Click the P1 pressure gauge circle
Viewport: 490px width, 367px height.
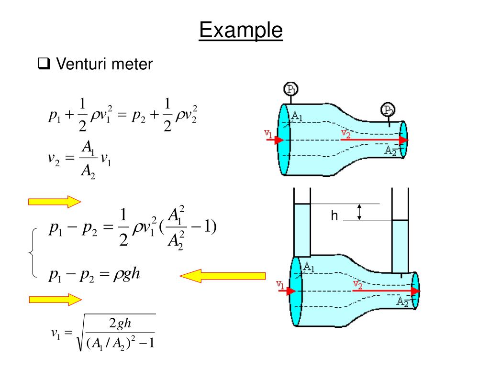coord(290,89)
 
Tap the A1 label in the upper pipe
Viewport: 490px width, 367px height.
coord(298,116)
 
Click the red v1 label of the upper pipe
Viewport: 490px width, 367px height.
coord(269,135)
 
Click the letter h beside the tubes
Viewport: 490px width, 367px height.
coord(334,216)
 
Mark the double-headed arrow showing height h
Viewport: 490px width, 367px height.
coord(360,212)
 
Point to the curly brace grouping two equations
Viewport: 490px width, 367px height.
coord(33,253)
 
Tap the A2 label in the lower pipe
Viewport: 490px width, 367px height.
coord(403,301)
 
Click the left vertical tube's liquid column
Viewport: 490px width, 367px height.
coord(302,229)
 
